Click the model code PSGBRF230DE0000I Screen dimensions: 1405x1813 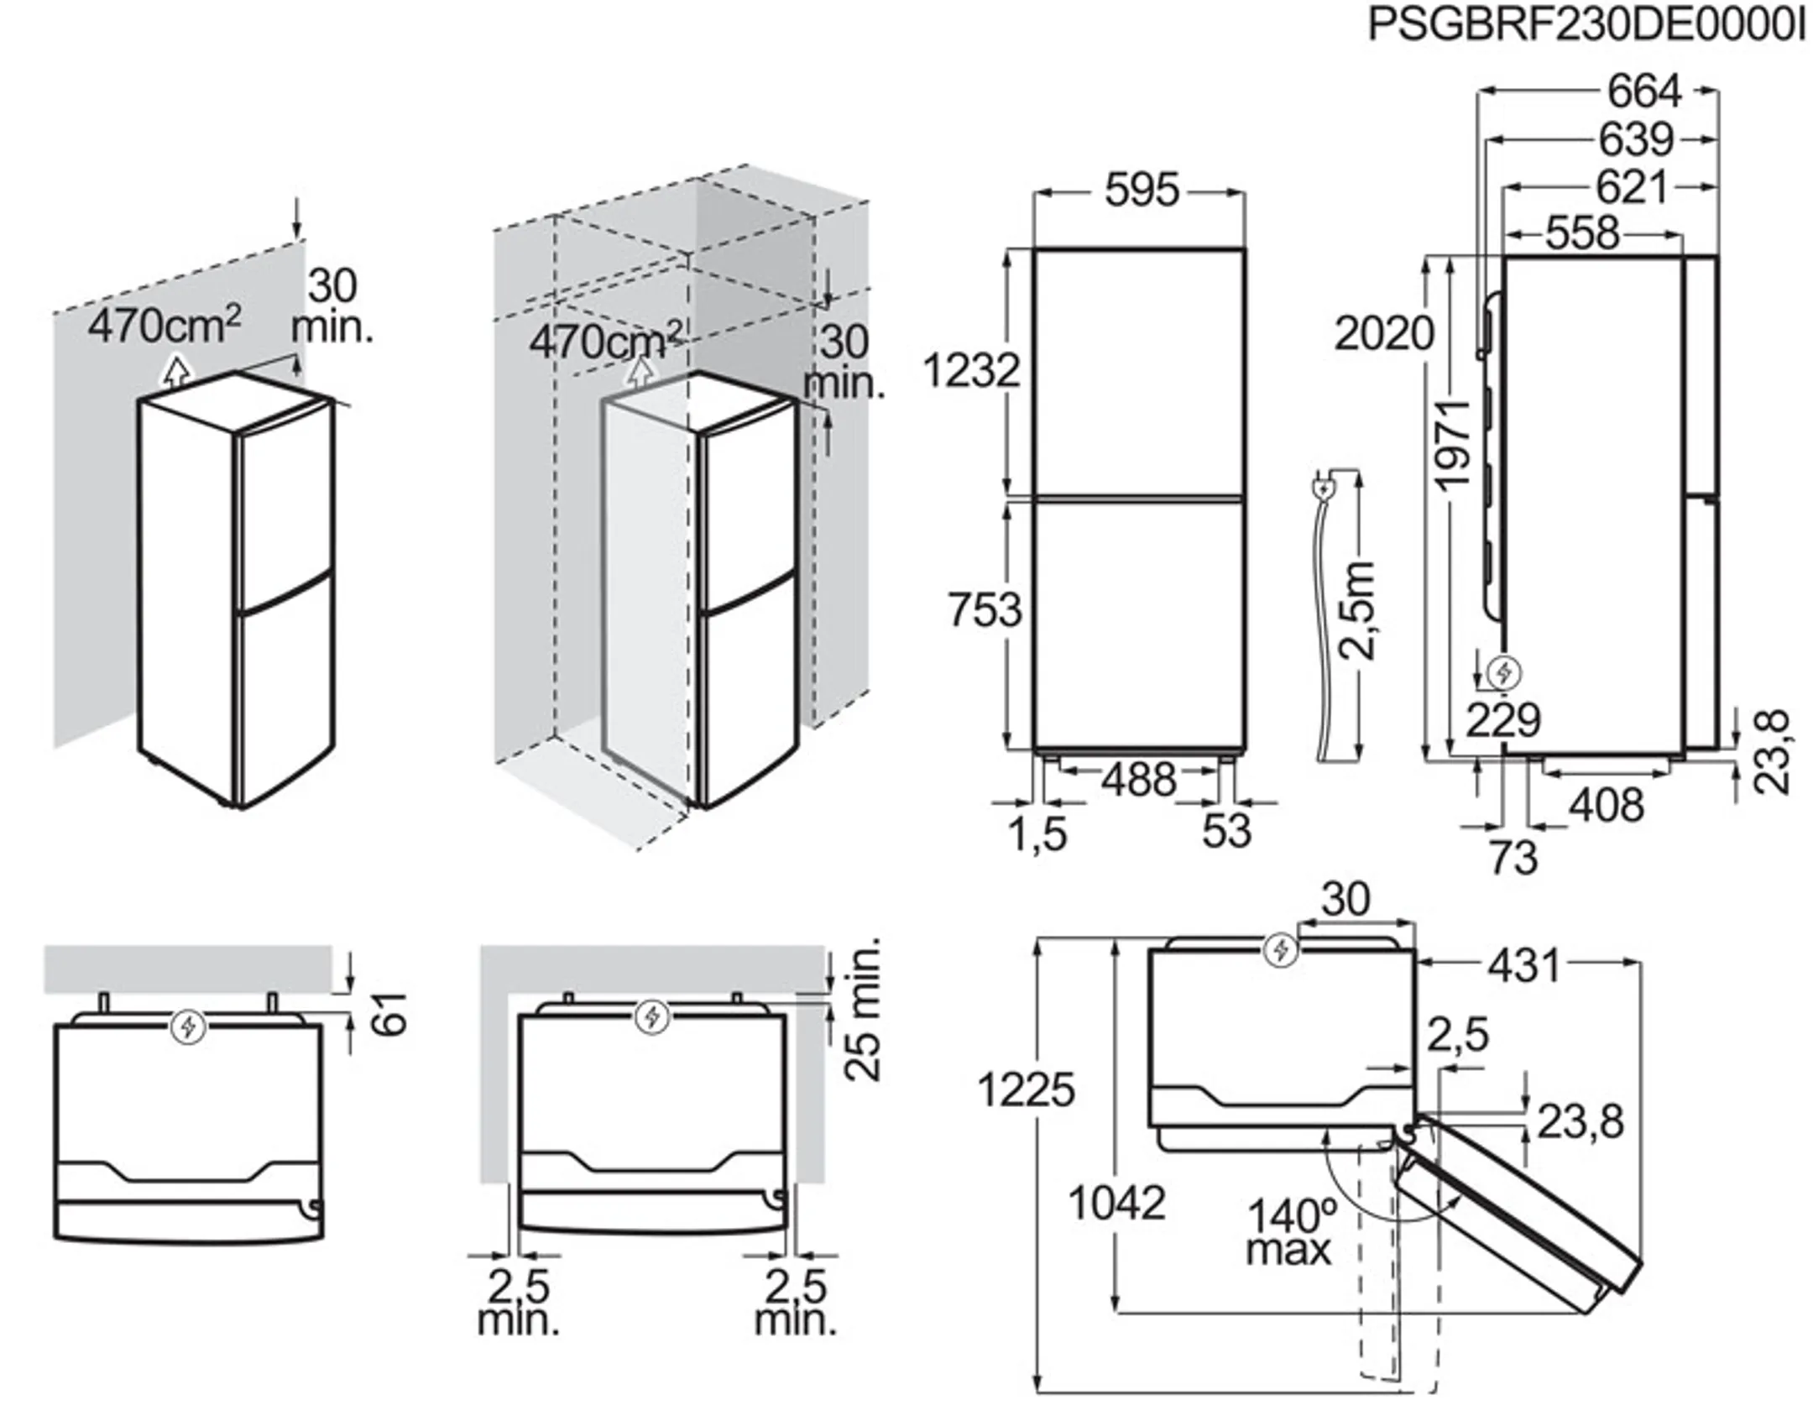(1586, 26)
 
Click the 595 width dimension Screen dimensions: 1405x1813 (1141, 191)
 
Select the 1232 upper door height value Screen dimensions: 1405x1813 (971, 370)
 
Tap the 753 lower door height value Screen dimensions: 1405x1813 (985, 609)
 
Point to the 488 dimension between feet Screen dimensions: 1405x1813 (1139, 781)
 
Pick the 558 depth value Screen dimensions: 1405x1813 (1581, 232)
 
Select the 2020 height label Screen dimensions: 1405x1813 (1383, 334)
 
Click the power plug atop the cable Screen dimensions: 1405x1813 (1323, 488)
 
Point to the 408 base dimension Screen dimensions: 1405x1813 (1606, 805)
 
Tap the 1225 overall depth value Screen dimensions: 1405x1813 (1026, 1090)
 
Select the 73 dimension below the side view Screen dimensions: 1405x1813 (1513, 858)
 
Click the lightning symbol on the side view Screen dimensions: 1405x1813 (1502, 672)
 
